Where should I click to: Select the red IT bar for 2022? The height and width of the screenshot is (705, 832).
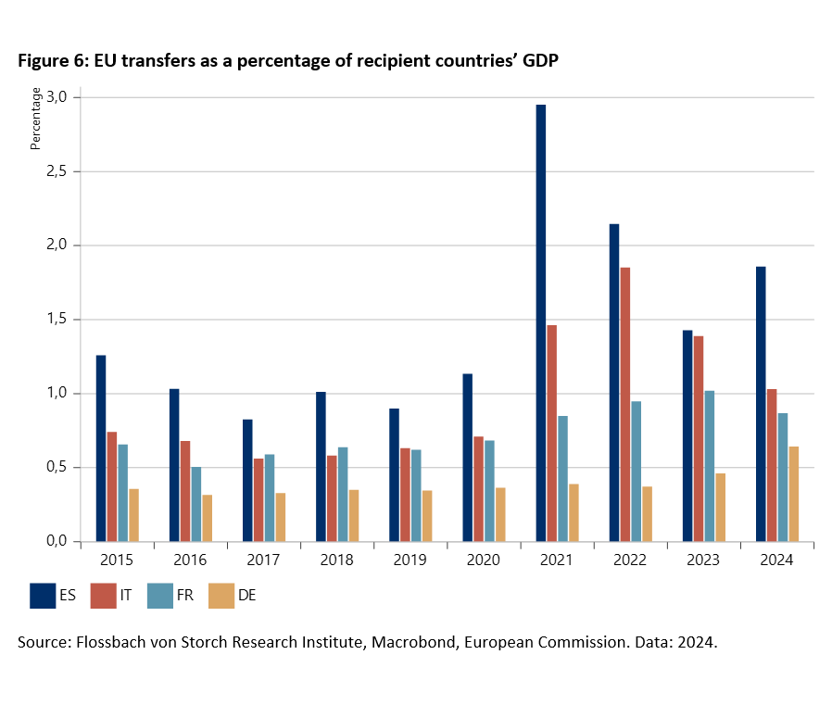coord(624,404)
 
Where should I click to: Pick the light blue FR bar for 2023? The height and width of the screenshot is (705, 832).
coord(709,466)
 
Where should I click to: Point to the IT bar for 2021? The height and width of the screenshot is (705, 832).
coord(551,433)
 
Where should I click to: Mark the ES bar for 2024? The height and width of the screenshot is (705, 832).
coord(761,404)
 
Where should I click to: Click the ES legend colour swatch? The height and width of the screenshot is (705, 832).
coord(43,596)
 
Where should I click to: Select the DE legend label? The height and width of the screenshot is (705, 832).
coord(246,596)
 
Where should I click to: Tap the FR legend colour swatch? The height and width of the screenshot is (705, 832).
coord(161,596)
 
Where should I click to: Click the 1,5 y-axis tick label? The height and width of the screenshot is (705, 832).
coord(57,320)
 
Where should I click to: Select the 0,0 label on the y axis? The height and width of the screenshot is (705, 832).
coord(57,542)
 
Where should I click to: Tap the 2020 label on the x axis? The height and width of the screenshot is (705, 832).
coord(484,561)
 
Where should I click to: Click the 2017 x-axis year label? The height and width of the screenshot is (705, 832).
coord(264,561)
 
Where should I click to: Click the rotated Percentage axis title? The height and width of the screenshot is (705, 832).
coord(36,119)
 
